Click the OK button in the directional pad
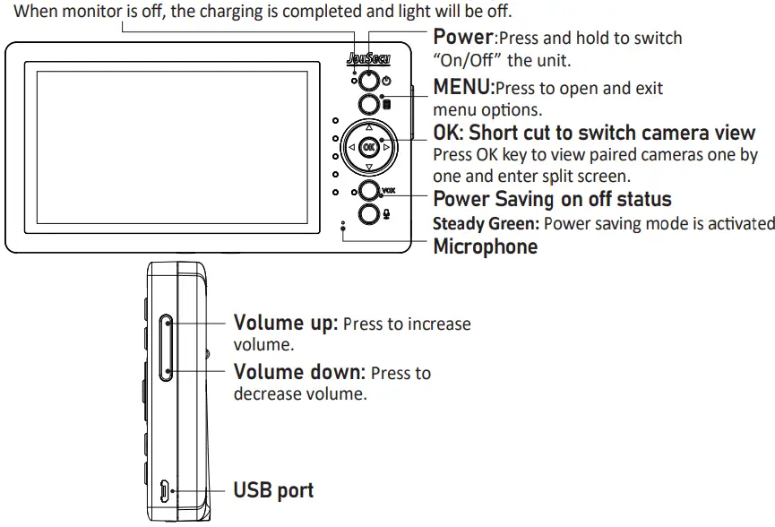click(369, 145)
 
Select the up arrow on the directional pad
click(369, 126)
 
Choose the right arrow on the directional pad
click(387, 146)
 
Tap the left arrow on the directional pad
click(351, 146)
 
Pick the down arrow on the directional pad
click(369, 166)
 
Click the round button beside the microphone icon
click(368, 213)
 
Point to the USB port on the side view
click(165, 490)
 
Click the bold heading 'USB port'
click(273, 490)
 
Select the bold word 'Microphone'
click(485, 246)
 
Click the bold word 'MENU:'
click(463, 88)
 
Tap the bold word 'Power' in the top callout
click(462, 38)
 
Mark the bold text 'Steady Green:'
click(487, 223)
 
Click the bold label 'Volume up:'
click(285, 323)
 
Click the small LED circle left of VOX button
click(354, 192)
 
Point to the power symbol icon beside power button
click(386, 82)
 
